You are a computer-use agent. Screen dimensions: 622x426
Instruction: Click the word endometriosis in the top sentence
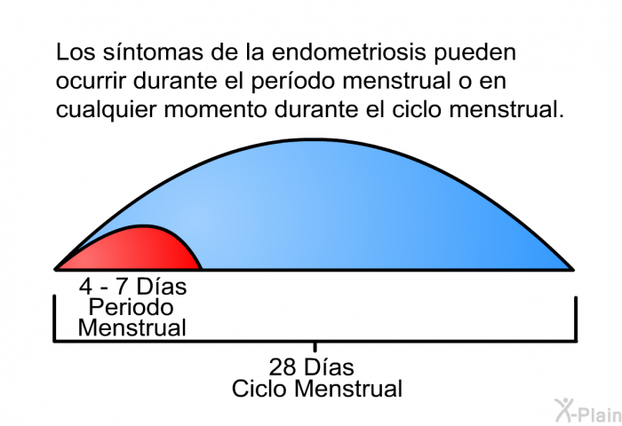point(349,51)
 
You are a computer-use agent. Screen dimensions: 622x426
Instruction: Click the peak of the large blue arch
point(314,139)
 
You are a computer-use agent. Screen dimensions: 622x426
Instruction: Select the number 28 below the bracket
point(283,367)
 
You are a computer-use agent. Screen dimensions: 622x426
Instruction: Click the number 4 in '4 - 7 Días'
point(85,286)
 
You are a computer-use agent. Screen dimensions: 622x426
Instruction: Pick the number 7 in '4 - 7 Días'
point(122,286)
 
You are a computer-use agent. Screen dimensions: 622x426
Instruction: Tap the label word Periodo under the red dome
point(131,307)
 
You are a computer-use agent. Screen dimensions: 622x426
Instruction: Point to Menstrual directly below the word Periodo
point(132,328)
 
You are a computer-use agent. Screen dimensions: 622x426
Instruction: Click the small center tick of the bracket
point(315,347)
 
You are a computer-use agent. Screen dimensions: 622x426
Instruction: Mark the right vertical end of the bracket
point(576,319)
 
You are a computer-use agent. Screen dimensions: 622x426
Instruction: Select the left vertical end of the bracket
point(54,318)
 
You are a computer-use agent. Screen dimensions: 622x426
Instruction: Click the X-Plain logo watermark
point(588,410)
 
